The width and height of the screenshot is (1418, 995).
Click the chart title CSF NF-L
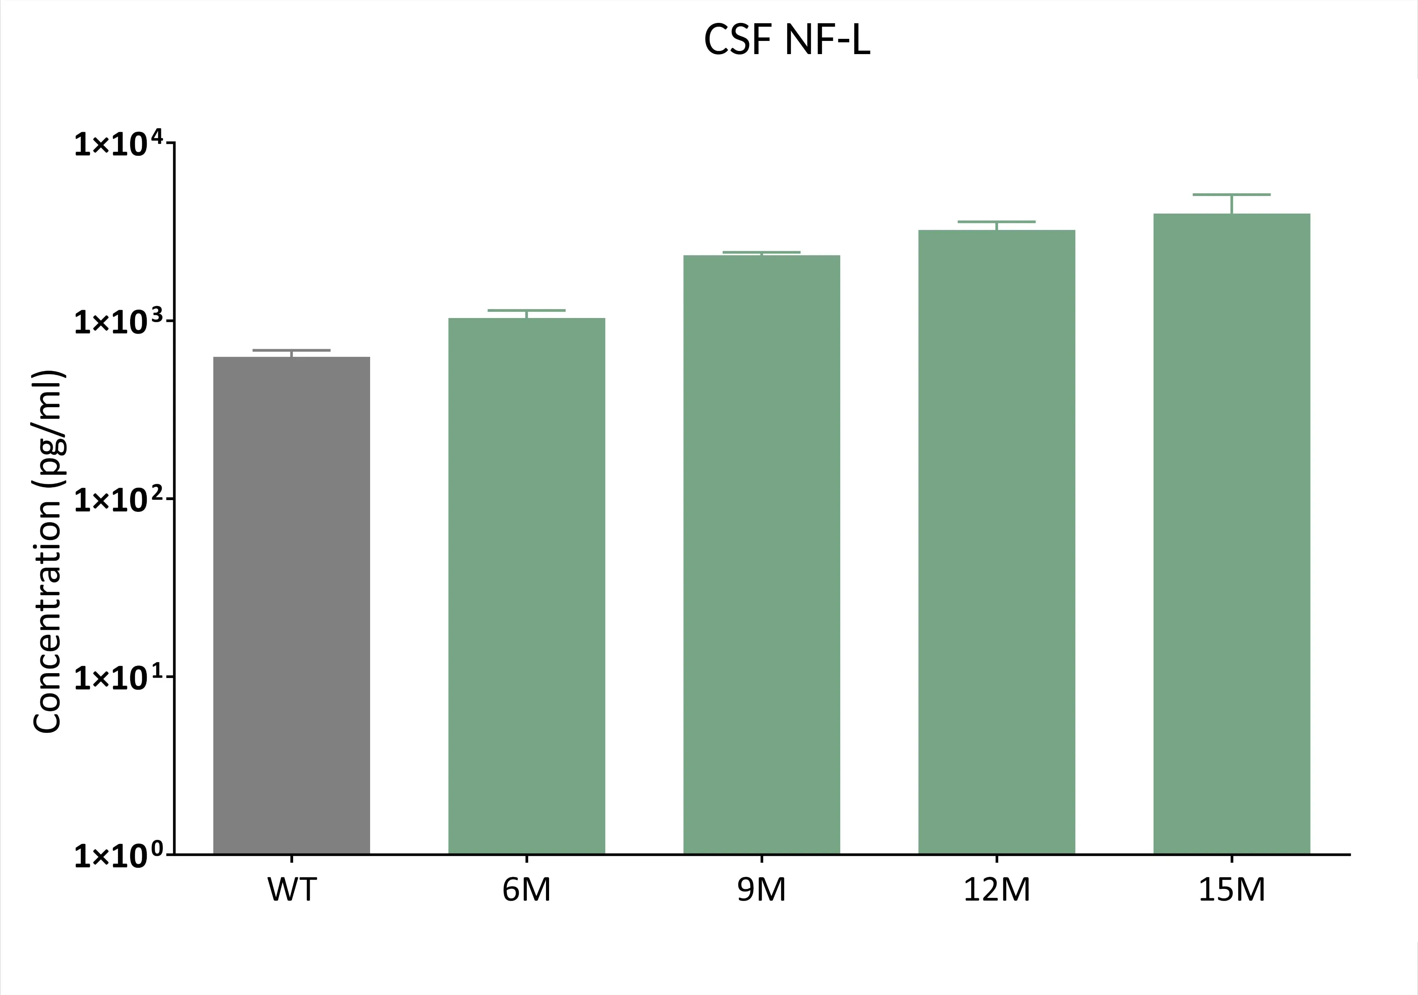787,41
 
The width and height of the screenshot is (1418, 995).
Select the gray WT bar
291,605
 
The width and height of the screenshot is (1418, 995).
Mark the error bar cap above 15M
1231,195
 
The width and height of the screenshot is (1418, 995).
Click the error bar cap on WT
291,350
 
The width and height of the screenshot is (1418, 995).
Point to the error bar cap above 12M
997,222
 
